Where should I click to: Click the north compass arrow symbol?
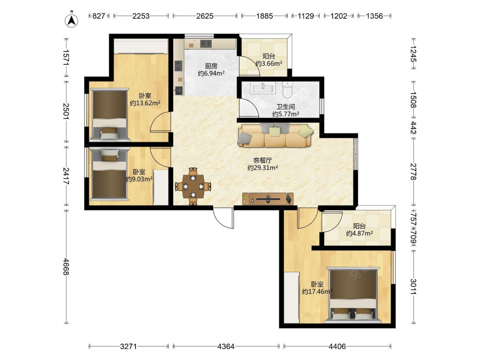coord(72,20)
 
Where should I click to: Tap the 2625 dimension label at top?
coord(205,16)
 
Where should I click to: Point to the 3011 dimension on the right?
coord(414,286)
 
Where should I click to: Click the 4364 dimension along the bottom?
coord(226,347)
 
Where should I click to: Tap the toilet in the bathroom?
coord(288,88)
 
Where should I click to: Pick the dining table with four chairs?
coord(193,186)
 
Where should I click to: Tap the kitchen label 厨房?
coord(211,66)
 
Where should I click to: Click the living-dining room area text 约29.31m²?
coord(263,168)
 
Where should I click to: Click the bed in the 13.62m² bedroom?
coord(109,115)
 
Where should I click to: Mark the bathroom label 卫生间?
coord(286,107)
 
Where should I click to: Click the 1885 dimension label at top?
coord(264,16)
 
